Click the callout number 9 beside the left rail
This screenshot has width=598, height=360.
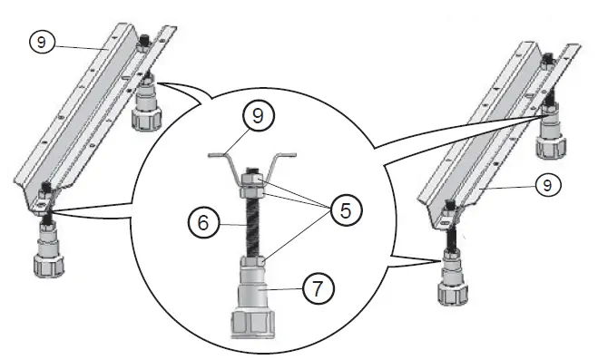pos(42,42)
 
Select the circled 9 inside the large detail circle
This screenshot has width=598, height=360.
pos(259,115)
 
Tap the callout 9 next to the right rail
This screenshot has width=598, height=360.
pos(548,185)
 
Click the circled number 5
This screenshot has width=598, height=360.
pos(347,209)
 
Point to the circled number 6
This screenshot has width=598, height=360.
pos(203,222)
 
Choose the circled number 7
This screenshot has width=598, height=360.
pos(319,288)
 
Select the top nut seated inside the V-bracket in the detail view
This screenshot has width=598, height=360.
pos(252,179)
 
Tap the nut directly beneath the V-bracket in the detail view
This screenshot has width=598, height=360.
pos(251,191)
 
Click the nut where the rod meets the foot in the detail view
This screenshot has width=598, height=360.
pos(252,262)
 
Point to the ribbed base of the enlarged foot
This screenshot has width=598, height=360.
pos(253,325)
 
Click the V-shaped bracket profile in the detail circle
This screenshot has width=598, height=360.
pos(252,164)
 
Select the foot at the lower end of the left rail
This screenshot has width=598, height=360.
pos(48,249)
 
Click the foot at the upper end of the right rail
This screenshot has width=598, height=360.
pos(551,131)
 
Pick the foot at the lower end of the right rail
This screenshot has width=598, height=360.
pos(453,277)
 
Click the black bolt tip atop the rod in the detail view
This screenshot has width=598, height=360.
pos(252,170)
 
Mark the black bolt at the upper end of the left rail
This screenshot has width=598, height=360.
pos(144,39)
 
